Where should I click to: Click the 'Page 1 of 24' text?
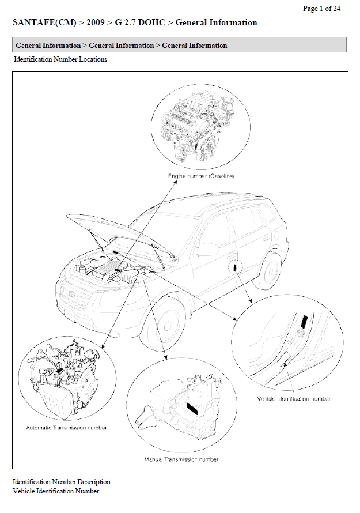click(x=321, y=9)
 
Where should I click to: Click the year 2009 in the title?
click(x=96, y=22)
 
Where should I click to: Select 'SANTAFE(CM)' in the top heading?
click(x=44, y=22)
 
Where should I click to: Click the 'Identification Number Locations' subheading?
click(x=60, y=59)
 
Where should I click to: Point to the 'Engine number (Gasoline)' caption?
click(x=201, y=176)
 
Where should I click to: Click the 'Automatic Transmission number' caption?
click(x=66, y=428)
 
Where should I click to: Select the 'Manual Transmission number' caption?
click(x=181, y=459)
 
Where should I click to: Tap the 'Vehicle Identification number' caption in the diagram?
click(x=294, y=398)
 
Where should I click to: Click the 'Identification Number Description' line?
click(x=62, y=482)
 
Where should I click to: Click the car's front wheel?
click(x=165, y=325)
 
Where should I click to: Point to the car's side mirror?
click(x=207, y=250)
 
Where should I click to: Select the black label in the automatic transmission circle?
click(x=60, y=372)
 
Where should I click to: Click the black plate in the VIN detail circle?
click(x=304, y=322)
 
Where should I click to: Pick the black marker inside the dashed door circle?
click(x=235, y=267)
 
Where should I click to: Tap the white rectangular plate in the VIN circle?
click(x=283, y=359)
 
